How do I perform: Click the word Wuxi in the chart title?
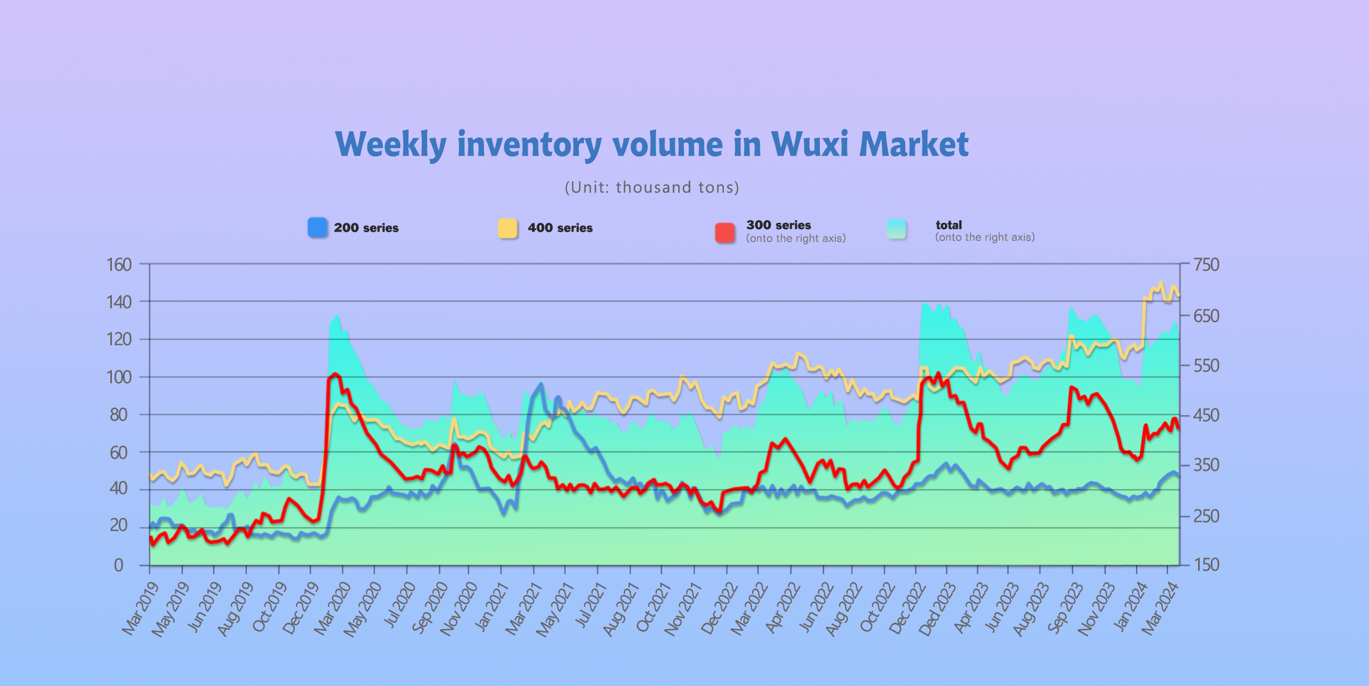[809, 144]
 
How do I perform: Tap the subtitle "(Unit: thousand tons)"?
[652, 187]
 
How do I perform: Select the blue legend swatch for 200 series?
[318, 227]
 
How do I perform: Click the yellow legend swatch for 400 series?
[507, 228]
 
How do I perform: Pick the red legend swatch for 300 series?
[725, 232]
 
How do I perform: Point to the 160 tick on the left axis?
[119, 265]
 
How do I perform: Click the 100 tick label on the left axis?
[119, 377]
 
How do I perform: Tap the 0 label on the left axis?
[119, 565]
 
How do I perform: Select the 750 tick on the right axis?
[1206, 265]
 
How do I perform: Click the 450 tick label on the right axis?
[1206, 415]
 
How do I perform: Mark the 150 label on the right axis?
[1206, 565]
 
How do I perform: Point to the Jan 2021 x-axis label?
[492, 607]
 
